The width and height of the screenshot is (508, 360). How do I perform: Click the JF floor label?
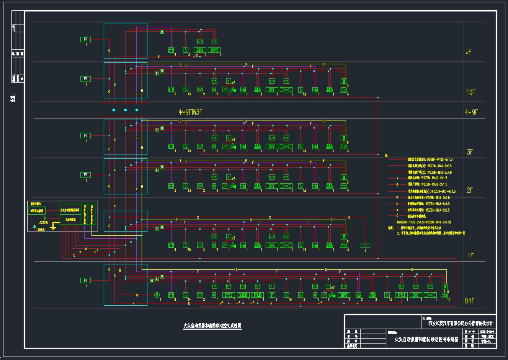469,52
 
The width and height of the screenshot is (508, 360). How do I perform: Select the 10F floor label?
470,92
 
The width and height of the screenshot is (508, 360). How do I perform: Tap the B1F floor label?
469,301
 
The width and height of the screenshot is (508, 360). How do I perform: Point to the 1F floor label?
470,256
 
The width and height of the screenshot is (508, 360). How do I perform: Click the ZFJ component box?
200,50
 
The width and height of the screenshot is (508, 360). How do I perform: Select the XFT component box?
214,50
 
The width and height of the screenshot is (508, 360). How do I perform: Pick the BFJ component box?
343,295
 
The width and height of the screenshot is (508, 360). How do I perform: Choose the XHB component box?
243,295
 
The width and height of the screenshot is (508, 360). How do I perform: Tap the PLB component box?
257,295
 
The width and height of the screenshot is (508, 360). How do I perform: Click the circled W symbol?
157,295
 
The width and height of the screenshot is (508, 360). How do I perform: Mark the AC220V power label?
44,222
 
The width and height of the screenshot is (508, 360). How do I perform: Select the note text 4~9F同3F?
190,112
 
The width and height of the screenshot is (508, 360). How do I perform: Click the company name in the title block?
461,323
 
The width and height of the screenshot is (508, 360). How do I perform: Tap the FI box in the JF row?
86,39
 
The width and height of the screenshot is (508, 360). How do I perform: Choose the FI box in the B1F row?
86,280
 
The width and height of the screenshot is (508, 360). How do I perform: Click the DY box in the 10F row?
271,90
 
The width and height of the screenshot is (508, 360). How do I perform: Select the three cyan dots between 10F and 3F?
125,110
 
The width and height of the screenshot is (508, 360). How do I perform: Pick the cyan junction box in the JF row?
126,41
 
